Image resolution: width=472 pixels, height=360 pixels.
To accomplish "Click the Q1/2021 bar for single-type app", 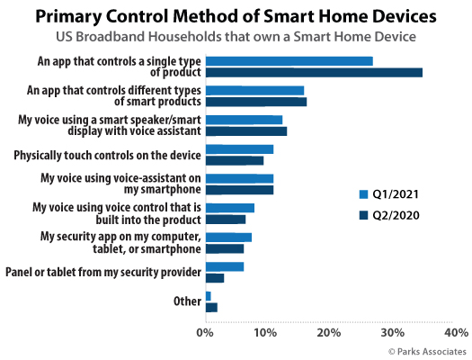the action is pos(289,61).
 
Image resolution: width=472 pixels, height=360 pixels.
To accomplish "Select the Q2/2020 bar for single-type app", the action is pos(314,73).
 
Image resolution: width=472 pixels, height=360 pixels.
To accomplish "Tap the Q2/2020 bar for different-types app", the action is pos(256,102).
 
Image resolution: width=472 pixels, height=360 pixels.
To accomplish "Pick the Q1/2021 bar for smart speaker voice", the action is pos(245,120).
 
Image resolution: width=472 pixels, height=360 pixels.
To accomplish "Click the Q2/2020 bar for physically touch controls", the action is pos(235,160).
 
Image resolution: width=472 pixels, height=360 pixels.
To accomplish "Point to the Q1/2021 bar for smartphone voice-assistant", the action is pos(240,178).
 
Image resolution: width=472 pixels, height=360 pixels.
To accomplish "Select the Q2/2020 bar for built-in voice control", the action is pos(226,220).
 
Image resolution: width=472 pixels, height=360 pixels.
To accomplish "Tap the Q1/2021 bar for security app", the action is pos(228,238).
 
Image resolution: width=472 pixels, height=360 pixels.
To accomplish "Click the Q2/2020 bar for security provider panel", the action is pos(215,278).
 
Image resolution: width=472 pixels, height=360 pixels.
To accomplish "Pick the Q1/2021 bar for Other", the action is pos(209,296).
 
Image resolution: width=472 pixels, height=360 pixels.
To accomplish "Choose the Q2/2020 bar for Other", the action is pos(211,308).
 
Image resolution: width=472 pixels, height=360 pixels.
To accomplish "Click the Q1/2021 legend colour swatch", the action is pos(363,194).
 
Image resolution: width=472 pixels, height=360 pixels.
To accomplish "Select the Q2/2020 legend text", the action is pos(396,215).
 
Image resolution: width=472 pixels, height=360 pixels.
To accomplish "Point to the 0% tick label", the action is pos(205,333).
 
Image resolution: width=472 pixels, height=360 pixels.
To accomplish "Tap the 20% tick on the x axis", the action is pos(329,333).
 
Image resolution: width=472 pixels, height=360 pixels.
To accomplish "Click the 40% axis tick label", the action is pos(457,333).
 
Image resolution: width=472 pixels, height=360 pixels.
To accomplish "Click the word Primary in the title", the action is pos(68,16).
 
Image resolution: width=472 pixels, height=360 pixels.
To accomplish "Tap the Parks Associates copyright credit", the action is pos(427,352).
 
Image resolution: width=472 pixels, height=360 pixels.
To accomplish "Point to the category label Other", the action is pos(187,301).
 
